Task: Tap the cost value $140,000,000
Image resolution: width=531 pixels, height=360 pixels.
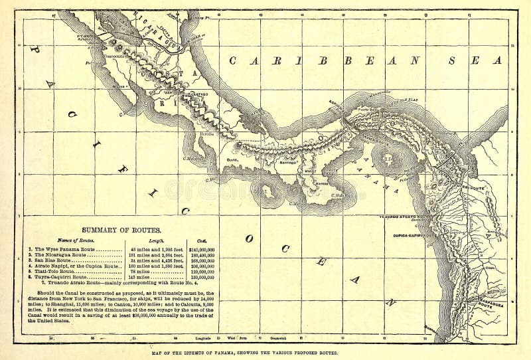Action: tap(203, 250)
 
